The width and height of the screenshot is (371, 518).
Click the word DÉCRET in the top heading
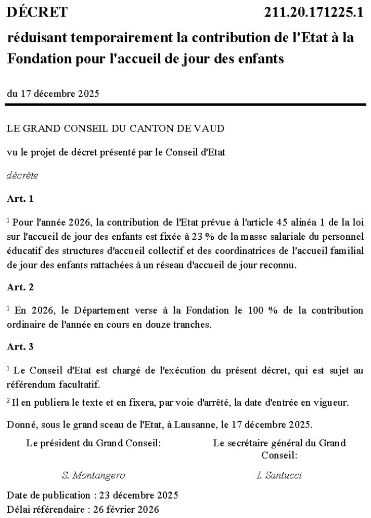(37, 11)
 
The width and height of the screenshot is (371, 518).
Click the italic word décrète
(22, 175)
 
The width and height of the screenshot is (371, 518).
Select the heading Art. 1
(21, 198)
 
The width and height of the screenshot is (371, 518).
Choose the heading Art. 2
(21, 287)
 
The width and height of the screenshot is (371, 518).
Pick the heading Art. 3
(21, 346)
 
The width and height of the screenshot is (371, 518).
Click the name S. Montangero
(93, 475)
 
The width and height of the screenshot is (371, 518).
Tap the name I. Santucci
(279, 475)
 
